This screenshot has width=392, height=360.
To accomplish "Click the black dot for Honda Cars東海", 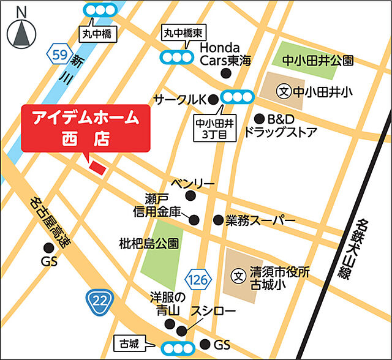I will pos(226,73).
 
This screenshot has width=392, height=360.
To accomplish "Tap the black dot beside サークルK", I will pos(213,99).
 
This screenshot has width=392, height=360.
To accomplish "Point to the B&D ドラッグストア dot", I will pos(260,118).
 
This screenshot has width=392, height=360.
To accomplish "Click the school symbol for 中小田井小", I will pos(283,92).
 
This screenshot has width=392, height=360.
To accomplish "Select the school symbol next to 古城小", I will pos(238,276).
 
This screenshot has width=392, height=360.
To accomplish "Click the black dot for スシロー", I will pos(181,331).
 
